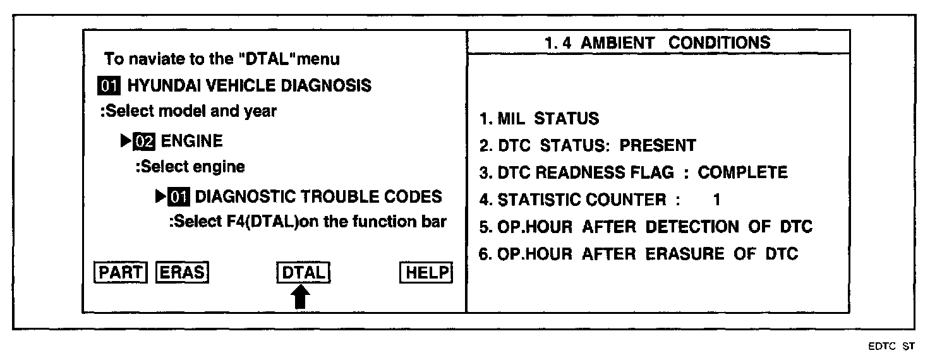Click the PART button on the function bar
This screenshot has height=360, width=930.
[120, 273]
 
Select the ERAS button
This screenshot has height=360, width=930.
[181, 273]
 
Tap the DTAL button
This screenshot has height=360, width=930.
[304, 273]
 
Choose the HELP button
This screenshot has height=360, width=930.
[426, 273]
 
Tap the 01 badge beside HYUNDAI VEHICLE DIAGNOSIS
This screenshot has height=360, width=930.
[111, 85]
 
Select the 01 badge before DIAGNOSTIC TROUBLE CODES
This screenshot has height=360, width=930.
[179, 197]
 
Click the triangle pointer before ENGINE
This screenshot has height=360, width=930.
[125, 141]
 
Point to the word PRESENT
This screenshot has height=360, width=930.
[657, 145]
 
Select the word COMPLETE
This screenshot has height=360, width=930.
[742, 172]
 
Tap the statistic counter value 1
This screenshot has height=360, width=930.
[716, 200]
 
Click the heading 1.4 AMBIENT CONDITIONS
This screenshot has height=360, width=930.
[657, 43]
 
